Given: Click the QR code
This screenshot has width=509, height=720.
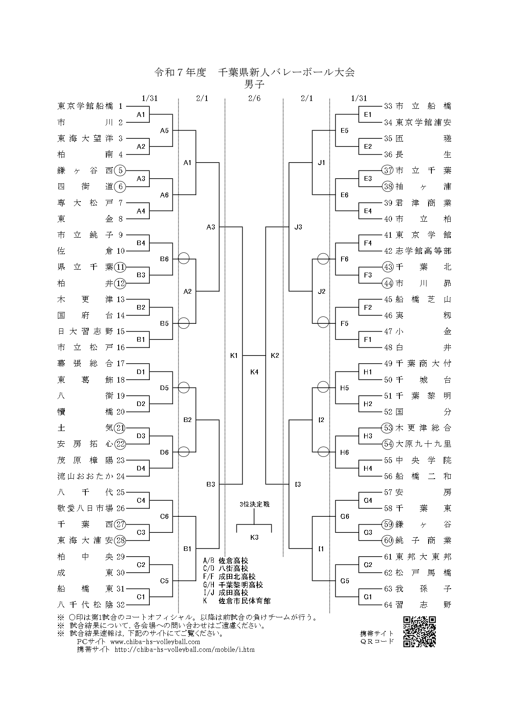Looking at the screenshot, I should click(419, 632).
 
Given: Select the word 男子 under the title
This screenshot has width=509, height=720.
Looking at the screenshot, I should click(254, 85).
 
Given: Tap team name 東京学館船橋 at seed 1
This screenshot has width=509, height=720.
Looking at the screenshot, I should click(85, 106).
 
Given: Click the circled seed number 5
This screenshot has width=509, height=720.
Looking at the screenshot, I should click(120, 170).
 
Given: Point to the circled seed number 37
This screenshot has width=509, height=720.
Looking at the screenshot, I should click(387, 170).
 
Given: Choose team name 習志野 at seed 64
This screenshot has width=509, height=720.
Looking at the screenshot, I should click(423, 605).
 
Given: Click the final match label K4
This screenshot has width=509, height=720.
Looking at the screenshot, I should click(254, 372).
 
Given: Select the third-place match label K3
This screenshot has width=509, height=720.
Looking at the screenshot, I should click(254, 537).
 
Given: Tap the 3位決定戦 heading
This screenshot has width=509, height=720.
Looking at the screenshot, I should click(254, 504).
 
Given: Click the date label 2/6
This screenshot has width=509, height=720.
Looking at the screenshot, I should click(254, 98).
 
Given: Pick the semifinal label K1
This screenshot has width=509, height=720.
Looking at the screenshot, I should click(234, 355).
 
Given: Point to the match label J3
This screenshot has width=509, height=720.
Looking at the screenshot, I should click(298, 227).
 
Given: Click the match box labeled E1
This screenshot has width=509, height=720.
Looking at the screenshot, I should click(368, 115).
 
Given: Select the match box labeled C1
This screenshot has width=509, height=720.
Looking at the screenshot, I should click(141, 597).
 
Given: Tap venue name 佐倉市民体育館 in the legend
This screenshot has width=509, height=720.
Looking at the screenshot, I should click(245, 601).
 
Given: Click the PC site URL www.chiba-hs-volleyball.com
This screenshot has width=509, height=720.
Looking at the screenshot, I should click(155, 642).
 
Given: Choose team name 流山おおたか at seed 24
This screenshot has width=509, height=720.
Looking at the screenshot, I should click(85, 476).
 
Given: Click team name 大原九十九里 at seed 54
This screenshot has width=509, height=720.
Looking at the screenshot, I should click(423, 444).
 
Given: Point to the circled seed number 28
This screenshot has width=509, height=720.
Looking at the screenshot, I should click(120, 541).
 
